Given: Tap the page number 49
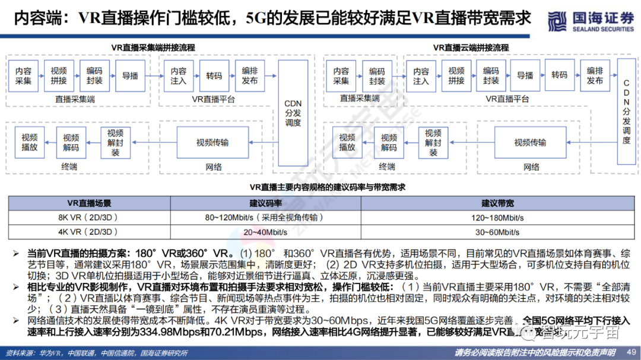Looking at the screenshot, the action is (x=630, y=351).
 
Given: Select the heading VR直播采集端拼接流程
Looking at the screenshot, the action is (x=153, y=47).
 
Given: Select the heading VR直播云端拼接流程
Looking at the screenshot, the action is (x=471, y=47).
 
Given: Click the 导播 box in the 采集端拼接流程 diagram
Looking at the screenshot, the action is (x=130, y=75).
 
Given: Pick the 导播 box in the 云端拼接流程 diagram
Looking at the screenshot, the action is (x=525, y=75).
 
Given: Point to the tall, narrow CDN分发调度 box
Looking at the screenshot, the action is (x=626, y=113).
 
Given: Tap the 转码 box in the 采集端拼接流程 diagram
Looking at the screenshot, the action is (x=214, y=75).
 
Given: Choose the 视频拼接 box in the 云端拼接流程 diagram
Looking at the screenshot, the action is (x=456, y=75).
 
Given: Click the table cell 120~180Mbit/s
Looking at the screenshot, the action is (x=497, y=218).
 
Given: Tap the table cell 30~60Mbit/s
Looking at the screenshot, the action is (x=497, y=232).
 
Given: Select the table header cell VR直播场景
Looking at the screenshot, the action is (x=88, y=203).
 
